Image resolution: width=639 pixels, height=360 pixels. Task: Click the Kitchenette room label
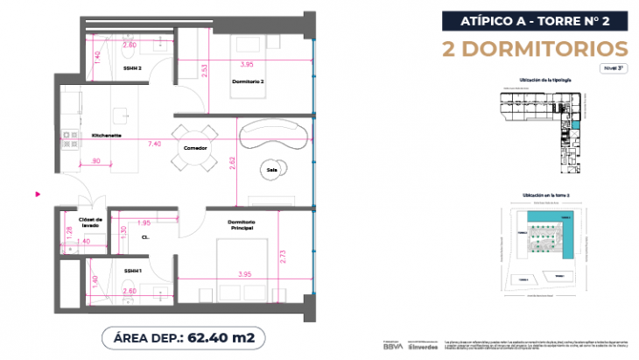107,136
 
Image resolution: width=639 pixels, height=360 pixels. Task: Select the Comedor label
195,148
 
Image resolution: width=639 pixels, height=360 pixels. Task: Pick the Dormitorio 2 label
249,81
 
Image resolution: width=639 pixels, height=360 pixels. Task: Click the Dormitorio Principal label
241,225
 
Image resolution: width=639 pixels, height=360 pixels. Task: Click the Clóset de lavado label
91,222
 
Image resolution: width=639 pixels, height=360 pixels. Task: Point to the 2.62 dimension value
231,160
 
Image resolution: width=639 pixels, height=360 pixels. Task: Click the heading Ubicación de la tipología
544,80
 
